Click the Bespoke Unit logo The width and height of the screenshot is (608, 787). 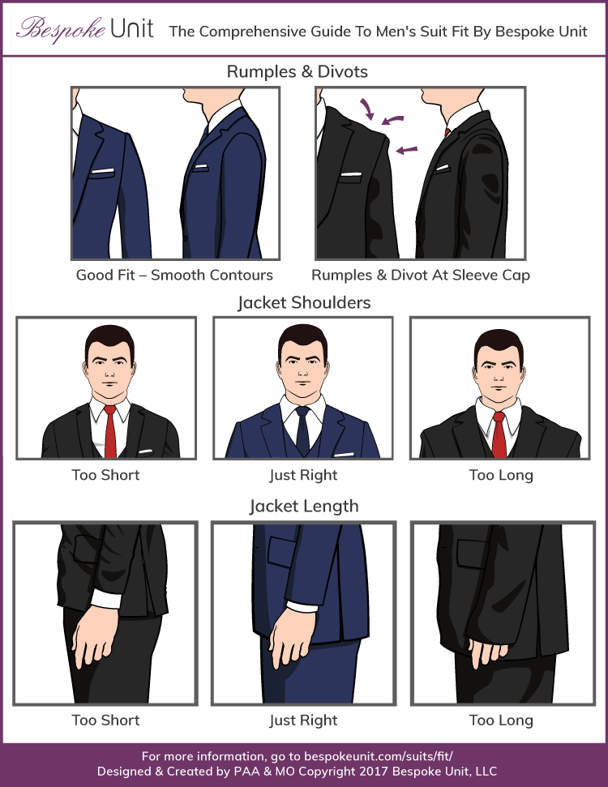(84, 30)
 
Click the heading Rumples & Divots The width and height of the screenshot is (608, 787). (297, 71)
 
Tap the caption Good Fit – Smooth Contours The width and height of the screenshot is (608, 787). (174, 275)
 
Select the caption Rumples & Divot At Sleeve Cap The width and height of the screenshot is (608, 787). (421, 275)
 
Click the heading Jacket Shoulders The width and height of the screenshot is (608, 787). (304, 302)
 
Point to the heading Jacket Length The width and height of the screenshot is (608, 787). (303, 507)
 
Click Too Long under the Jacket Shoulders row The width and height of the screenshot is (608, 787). (501, 475)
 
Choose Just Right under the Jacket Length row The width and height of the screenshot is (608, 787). (303, 720)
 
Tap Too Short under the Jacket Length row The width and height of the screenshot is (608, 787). (105, 720)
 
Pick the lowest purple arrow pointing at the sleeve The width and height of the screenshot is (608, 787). (408, 149)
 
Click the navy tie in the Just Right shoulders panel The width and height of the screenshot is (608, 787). (302, 430)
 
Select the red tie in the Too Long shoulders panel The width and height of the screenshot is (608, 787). (500, 434)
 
